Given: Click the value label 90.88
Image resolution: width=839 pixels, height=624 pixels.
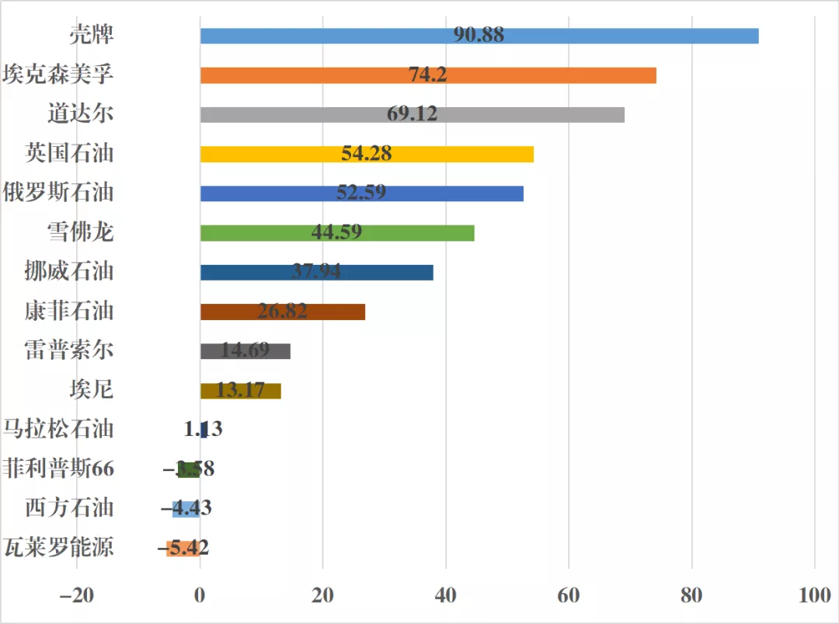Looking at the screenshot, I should pos(479,35).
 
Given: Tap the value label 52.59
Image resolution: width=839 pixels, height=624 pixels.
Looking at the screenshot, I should pos(361,193).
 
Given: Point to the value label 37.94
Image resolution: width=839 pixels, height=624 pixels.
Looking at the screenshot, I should pos(316,272).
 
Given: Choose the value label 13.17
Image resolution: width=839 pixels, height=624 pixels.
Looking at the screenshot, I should pos(241,390).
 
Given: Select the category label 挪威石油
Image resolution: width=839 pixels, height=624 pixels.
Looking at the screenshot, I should pos(69,271).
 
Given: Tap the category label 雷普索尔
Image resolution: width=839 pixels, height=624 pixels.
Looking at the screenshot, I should pos(69,350).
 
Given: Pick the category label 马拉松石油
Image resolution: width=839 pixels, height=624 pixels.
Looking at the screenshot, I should pos(58,429).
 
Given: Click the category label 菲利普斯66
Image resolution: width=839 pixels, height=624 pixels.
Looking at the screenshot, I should pos(58,469).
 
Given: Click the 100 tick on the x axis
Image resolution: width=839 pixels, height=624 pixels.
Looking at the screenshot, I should pos(814,596).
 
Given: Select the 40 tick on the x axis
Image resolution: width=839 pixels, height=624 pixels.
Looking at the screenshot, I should pos(445,596).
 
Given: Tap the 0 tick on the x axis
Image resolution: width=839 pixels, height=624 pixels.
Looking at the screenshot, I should pos(200,596).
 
